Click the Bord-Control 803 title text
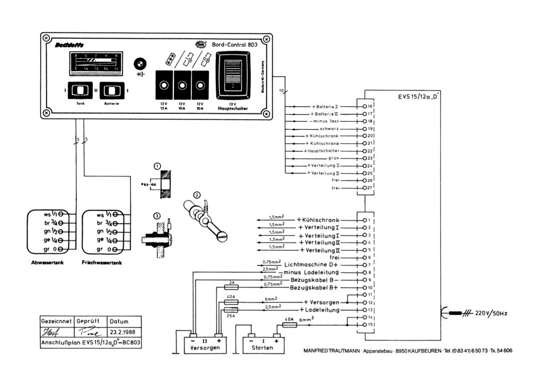[234, 45]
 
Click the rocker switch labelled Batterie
[114, 91]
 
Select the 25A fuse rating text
[230, 316]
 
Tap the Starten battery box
[262, 345]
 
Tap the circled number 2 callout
[197, 194]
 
